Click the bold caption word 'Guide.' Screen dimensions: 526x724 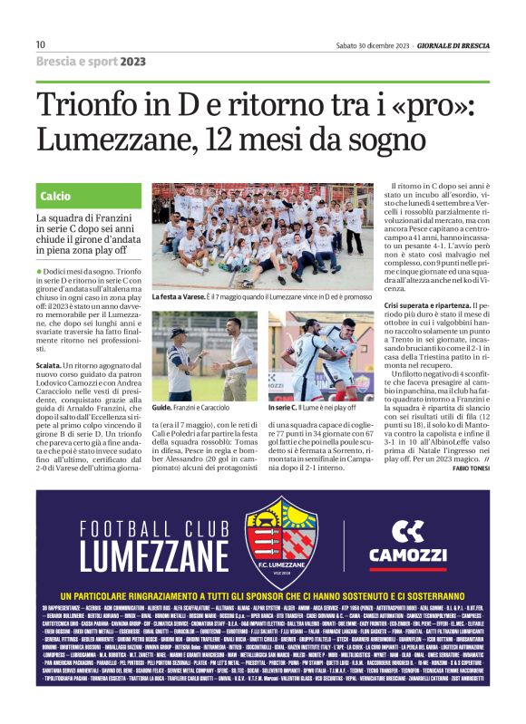(x=162, y=408)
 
